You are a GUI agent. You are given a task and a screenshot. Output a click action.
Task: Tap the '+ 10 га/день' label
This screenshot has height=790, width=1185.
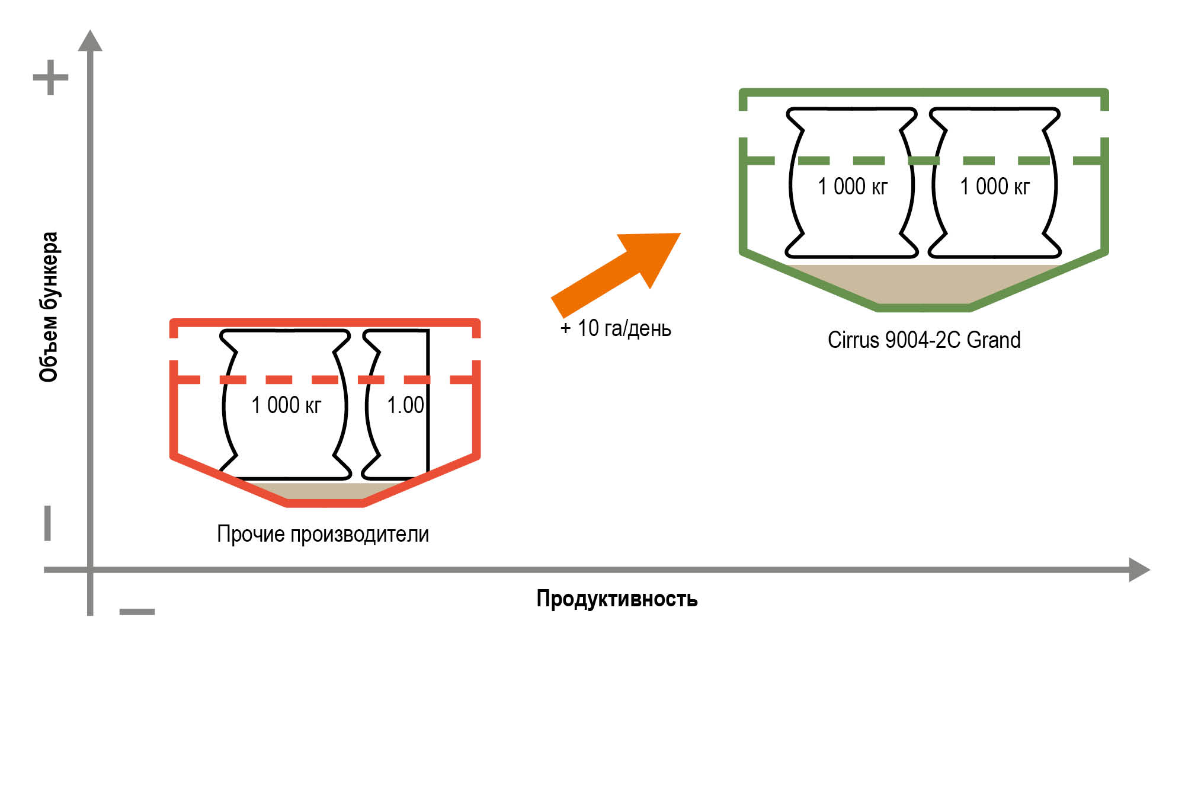616,328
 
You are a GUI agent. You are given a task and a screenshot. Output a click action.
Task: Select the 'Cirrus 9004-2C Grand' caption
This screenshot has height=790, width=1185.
924,340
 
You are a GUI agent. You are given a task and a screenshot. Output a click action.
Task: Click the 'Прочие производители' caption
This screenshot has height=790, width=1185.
323,534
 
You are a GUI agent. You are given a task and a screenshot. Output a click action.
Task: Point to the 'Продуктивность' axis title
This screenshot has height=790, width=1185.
617,599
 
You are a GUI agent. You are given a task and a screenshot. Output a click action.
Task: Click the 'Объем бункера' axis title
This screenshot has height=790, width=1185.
49,306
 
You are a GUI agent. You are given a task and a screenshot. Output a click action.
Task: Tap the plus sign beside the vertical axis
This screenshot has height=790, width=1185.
50,77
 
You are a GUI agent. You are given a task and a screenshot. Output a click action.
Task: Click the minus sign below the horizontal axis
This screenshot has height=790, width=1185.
137,612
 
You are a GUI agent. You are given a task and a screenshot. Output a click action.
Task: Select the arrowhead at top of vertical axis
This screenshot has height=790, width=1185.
90,41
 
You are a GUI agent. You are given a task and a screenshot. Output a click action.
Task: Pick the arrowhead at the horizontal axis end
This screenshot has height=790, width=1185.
1139,570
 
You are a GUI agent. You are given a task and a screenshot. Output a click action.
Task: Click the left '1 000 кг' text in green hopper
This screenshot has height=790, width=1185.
853,187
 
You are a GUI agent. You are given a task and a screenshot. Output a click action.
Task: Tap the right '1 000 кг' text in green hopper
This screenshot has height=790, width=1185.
995,187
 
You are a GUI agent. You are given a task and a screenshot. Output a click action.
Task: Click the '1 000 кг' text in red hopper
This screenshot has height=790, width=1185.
286,405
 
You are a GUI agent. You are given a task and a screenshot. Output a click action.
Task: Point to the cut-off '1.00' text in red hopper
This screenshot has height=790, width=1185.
405,405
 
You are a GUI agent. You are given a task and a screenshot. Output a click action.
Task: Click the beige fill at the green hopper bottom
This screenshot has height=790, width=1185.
923,284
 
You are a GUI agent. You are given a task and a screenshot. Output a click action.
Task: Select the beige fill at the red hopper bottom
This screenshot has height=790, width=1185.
325,491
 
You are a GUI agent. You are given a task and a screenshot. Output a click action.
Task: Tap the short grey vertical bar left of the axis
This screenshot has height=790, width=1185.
48,523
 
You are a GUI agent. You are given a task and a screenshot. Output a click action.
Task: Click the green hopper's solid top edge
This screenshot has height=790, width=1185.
923,92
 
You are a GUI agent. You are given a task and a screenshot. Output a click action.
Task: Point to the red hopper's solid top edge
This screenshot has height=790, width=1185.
325,322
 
